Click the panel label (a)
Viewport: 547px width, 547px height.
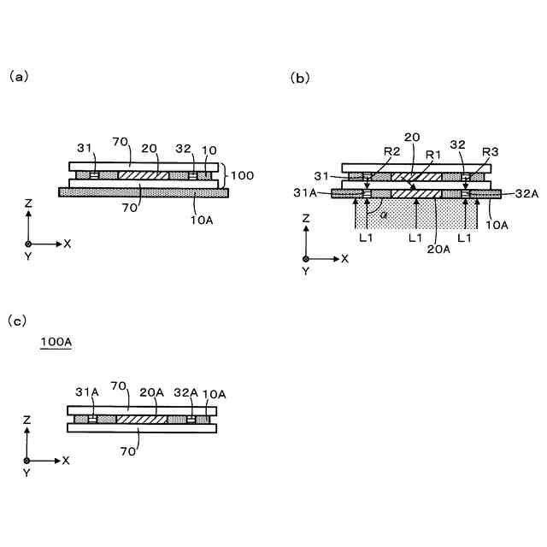point(19,76)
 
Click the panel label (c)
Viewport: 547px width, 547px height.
point(18,321)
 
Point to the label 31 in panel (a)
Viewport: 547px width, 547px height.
point(85,148)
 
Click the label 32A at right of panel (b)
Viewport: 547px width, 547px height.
point(526,194)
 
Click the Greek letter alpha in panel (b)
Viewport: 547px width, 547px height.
point(384,215)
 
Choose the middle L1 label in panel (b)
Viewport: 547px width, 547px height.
point(415,237)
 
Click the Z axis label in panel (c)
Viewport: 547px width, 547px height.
point(28,420)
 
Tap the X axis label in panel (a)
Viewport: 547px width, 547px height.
point(68,244)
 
